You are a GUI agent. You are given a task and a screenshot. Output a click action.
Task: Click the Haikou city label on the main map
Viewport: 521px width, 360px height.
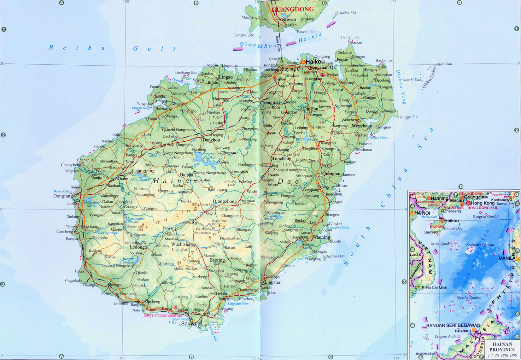click(x=315, y=62)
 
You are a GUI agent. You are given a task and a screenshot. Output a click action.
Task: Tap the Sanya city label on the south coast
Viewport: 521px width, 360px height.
click(x=188, y=323)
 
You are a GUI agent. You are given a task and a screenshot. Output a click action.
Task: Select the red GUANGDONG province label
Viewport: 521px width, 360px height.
click(x=293, y=9)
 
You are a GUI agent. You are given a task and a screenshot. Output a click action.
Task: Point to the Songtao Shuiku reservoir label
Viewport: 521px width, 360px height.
click(x=209, y=156)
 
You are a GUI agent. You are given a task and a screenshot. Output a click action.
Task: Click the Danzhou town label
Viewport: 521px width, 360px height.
click(x=211, y=140)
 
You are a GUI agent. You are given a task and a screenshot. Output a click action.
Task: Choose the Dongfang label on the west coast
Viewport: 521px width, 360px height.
click(x=63, y=196)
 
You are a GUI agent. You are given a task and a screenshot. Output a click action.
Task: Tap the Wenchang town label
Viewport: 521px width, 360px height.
click(x=362, y=126)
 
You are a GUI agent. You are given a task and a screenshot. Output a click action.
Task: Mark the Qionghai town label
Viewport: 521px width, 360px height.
click(x=331, y=174)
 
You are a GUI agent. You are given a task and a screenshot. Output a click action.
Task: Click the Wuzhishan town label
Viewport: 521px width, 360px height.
click(x=182, y=245)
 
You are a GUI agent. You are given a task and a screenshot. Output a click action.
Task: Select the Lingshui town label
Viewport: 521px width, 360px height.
click(x=273, y=282)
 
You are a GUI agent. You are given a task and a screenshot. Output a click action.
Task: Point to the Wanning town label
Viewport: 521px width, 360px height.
click(x=321, y=237)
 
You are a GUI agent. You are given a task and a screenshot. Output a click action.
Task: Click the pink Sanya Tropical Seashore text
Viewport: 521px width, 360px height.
click(x=163, y=315)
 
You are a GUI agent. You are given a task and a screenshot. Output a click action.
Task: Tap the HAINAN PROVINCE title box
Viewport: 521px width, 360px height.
click(x=502, y=347)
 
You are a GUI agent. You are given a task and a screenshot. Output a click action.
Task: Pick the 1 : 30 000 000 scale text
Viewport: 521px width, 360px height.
click(x=502, y=356)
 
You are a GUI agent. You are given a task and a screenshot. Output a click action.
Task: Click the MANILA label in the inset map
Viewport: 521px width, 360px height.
click(x=507, y=258)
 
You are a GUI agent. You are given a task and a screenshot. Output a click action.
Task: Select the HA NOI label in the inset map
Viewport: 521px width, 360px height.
click(x=422, y=213)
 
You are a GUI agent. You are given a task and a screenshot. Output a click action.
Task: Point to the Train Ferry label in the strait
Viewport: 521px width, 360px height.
click(x=278, y=43)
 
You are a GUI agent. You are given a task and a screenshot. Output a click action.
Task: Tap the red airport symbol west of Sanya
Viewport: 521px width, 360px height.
click(x=175, y=307)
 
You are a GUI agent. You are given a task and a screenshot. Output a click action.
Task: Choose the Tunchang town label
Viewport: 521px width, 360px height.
click(x=282, y=159)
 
